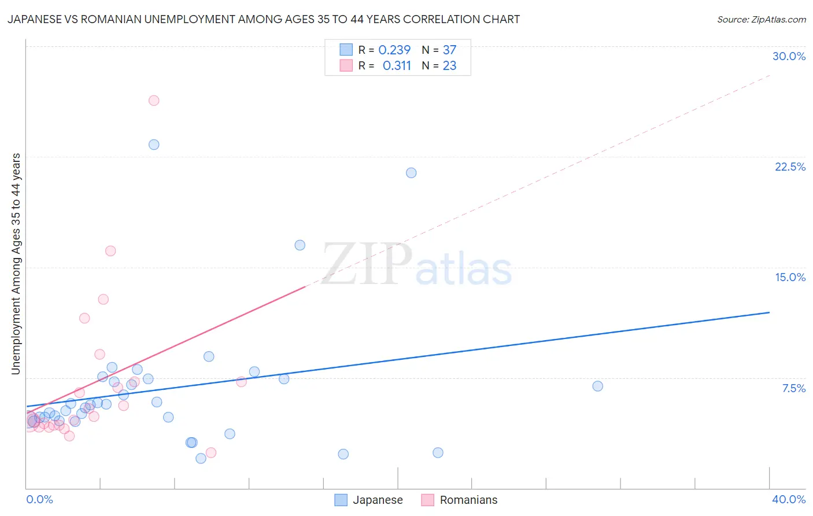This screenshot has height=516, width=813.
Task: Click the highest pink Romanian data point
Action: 154,101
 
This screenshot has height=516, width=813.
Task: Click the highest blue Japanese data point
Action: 154,145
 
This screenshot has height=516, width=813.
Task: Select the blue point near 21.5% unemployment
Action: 411,173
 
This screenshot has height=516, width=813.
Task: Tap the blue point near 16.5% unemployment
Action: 300,245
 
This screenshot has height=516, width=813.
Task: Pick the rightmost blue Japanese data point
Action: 598,386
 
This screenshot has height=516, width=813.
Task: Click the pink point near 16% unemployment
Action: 110,251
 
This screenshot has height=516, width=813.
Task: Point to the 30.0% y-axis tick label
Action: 789,56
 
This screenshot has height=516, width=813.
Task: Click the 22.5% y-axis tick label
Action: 790,167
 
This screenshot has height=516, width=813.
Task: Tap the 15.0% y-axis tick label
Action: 790,277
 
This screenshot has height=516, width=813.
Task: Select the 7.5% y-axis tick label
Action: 793,388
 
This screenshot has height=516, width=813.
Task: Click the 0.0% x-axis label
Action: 39,499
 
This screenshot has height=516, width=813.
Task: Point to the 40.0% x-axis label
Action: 788,499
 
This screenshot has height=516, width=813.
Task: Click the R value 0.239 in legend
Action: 394,50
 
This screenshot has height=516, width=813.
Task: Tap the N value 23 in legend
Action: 449,66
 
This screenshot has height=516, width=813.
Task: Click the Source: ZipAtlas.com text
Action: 761,20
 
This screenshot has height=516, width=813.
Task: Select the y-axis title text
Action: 16,264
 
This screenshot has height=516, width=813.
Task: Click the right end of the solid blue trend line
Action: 769,312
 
